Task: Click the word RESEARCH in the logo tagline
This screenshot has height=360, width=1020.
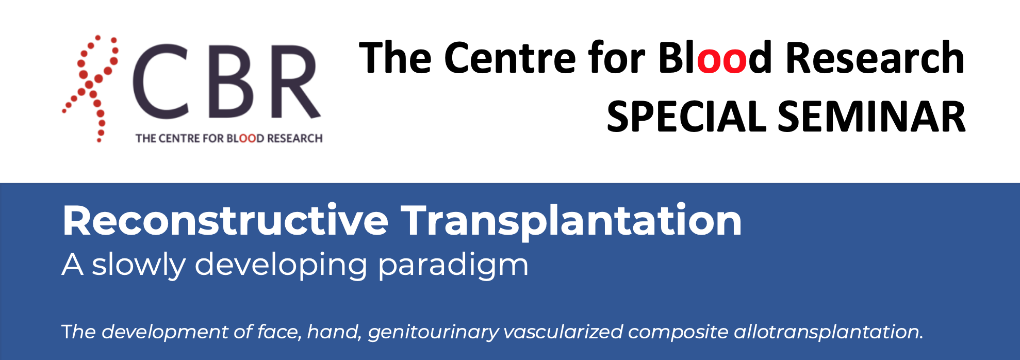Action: pos(294,138)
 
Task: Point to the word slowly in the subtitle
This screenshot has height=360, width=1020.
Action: pos(138,265)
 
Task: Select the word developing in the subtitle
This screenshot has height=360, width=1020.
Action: pos(281,265)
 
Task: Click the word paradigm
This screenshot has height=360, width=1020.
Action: pos(453,265)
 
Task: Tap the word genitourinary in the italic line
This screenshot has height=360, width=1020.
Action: pos(433,332)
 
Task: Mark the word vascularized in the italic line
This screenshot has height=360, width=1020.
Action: pos(563,331)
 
